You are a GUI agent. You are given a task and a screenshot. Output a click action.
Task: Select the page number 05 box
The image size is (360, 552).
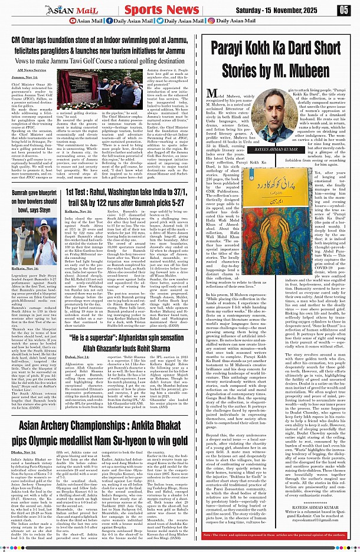coord(344,9)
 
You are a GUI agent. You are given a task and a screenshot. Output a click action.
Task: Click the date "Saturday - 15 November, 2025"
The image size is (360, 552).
coord(287,9)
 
